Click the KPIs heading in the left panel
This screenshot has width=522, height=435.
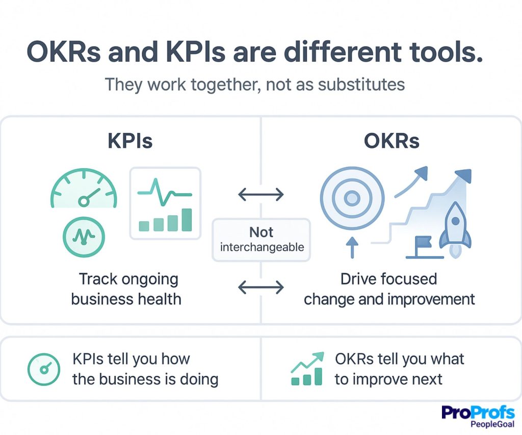[129, 141]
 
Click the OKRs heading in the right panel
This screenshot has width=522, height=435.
[391, 141]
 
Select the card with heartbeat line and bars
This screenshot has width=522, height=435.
[165, 203]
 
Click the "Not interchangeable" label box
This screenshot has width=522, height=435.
[261, 240]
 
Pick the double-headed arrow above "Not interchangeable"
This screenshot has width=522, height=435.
[261, 194]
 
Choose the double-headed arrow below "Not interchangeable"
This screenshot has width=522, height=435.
[261, 288]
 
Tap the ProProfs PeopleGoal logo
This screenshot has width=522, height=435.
[478, 416]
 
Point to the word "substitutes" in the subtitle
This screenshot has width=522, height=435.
[361, 84]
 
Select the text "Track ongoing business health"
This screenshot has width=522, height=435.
[126, 289]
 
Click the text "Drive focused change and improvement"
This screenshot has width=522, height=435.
[389, 289]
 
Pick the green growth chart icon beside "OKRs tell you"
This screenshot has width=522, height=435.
[307, 369]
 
